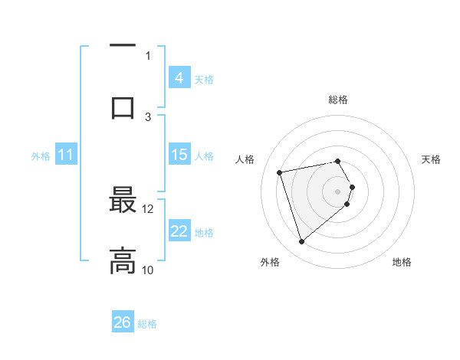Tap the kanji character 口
click(x=123, y=106)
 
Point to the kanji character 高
click(x=123, y=261)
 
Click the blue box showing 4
click(x=179, y=77)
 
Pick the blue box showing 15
click(x=179, y=155)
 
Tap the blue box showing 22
click(x=179, y=231)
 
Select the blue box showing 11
click(x=66, y=155)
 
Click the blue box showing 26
click(x=123, y=322)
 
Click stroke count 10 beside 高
click(x=148, y=270)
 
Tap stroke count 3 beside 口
click(x=148, y=116)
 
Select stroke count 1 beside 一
click(x=148, y=55)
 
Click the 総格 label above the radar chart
click(x=338, y=100)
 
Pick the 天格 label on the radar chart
click(x=431, y=159)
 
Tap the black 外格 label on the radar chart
click(x=270, y=262)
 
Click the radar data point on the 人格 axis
click(x=280, y=172)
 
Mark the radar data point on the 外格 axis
click(x=301, y=242)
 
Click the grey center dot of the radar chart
click(x=338, y=191)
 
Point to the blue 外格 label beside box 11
click(x=41, y=155)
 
